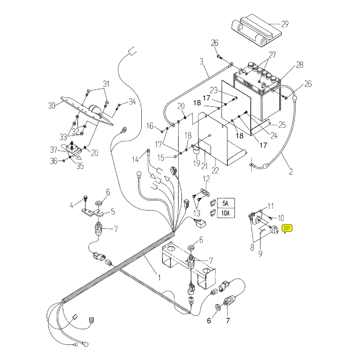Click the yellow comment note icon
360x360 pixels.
(x=288, y=229)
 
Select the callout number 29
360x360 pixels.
(x=284, y=23)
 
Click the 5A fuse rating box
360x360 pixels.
(x=225, y=203)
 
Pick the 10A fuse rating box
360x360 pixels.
(x=225, y=212)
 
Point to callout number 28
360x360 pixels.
(x=300, y=66)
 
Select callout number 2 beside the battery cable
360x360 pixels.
(x=290, y=171)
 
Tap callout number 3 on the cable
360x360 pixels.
(x=202, y=61)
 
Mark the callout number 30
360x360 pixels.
(x=52, y=106)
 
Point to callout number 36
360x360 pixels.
(x=54, y=161)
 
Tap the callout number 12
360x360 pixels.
(x=207, y=179)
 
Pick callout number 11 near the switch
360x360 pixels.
(x=270, y=206)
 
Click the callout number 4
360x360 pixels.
(x=71, y=206)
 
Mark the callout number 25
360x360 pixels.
(x=282, y=125)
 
